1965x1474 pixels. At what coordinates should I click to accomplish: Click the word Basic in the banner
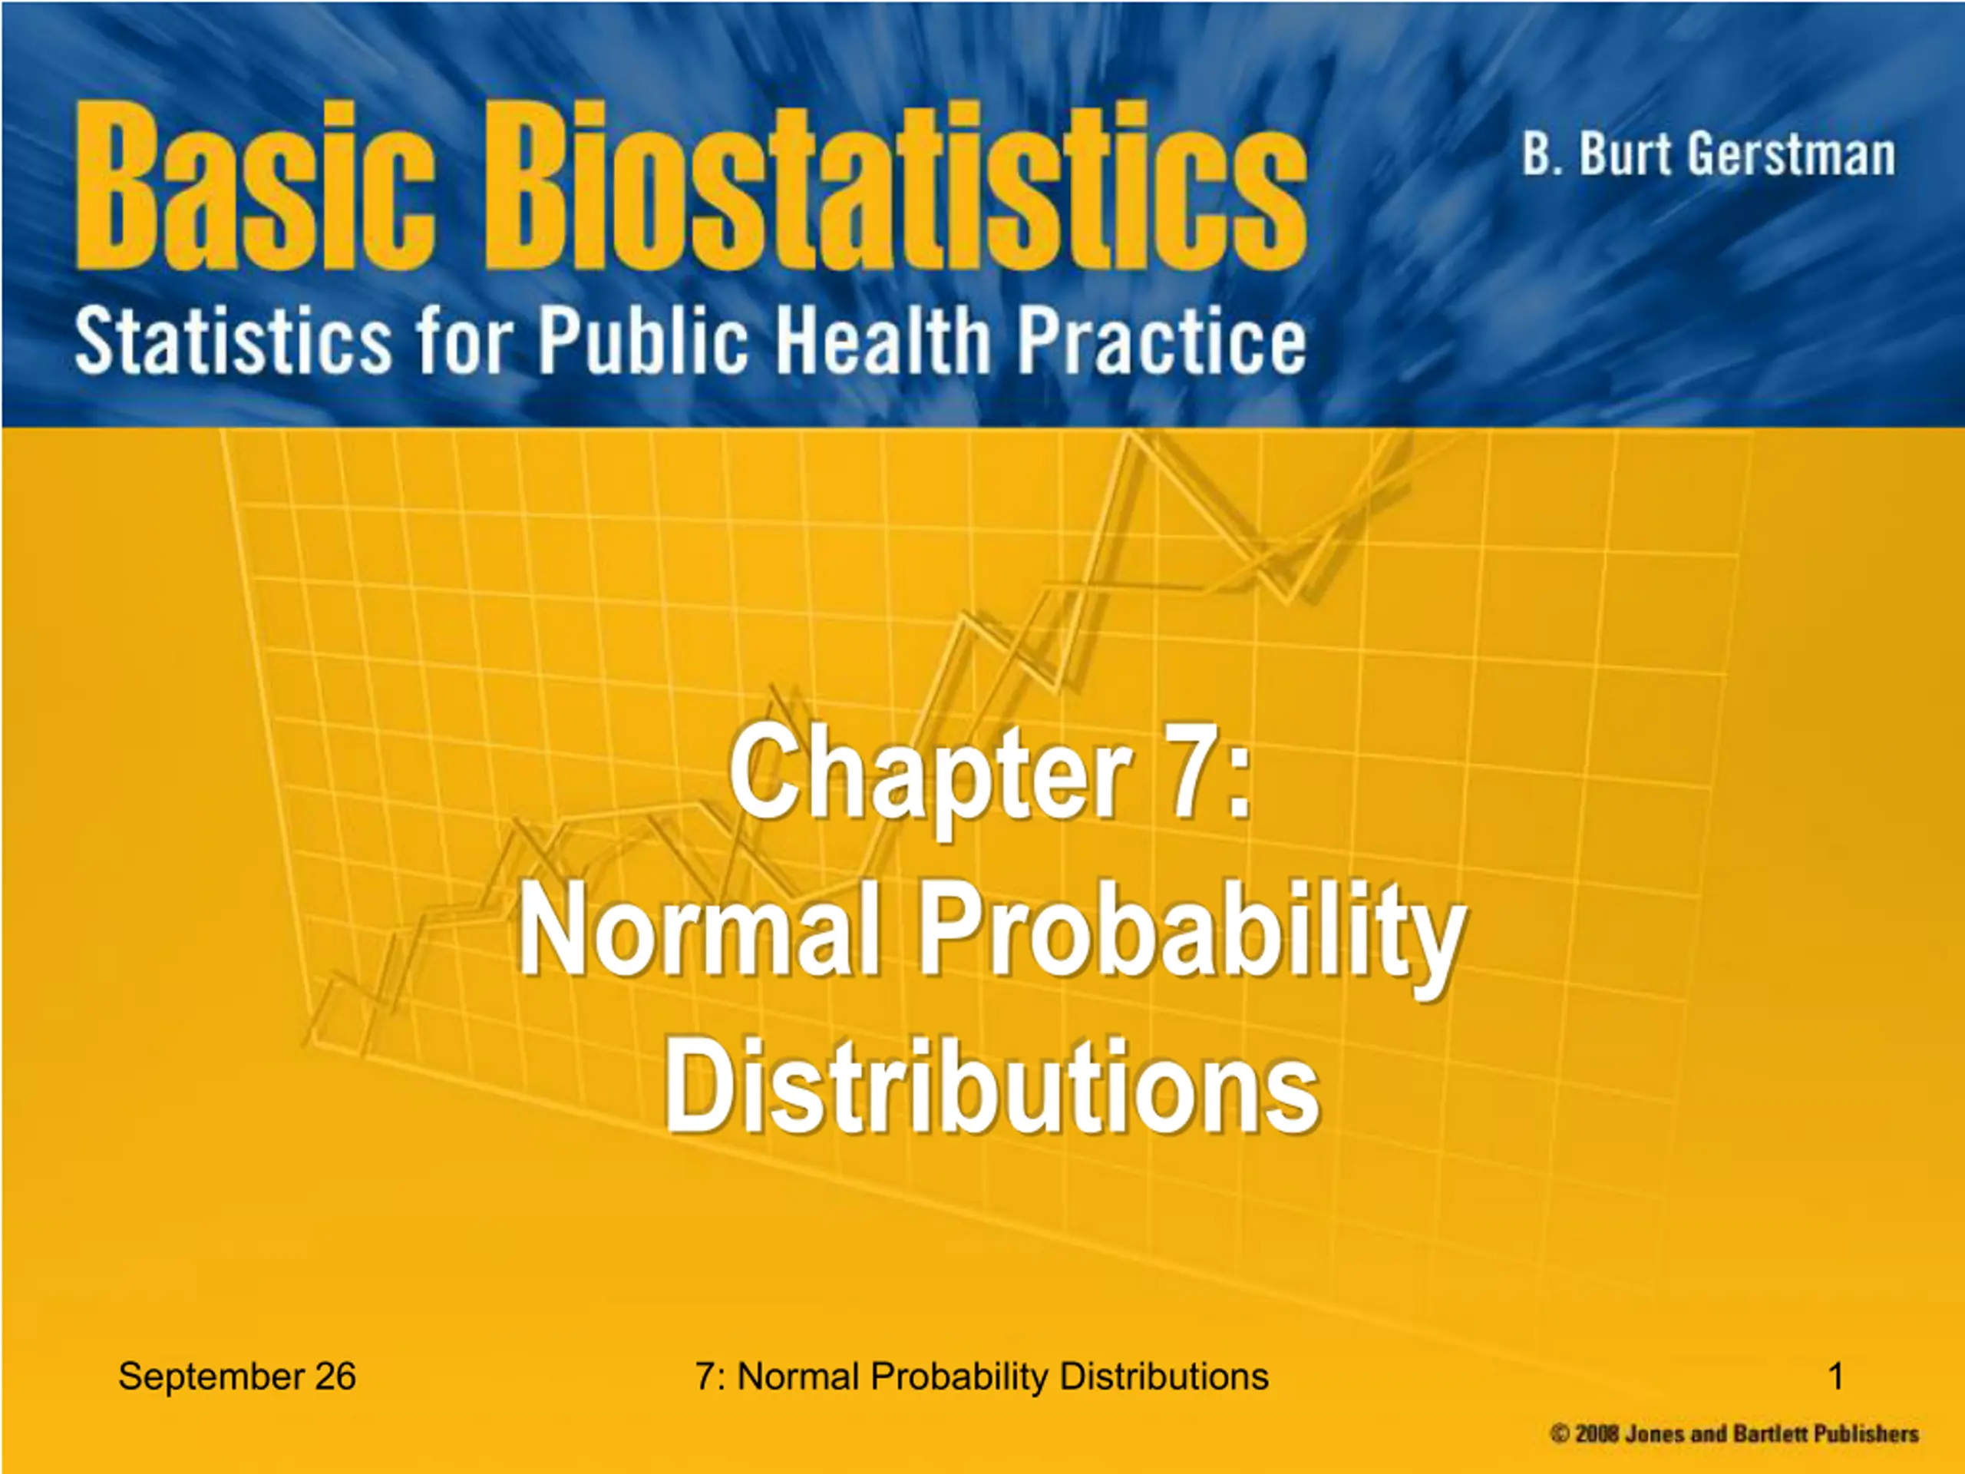[256, 185]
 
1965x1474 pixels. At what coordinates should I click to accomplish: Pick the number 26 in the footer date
[335, 1377]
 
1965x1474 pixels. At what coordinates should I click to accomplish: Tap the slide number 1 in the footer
[1836, 1377]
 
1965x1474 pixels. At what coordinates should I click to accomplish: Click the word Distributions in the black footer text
[1164, 1377]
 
